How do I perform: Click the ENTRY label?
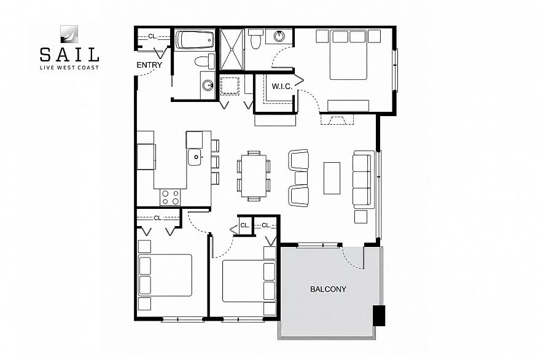coord(149,65)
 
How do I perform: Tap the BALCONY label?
coord(328,289)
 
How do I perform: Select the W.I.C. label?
coord(282,87)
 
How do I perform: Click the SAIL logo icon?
coord(69,34)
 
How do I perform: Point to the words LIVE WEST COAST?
coord(69,68)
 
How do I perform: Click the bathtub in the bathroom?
coord(195,40)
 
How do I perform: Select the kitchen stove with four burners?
coord(170,197)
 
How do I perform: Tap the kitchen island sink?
coord(195,157)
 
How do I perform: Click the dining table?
coord(254,176)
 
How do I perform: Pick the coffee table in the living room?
coord(332,178)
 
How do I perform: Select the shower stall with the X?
coord(232,49)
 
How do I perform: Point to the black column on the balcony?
coord(379,315)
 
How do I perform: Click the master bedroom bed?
coord(349,55)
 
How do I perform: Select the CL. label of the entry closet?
coord(153,36)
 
